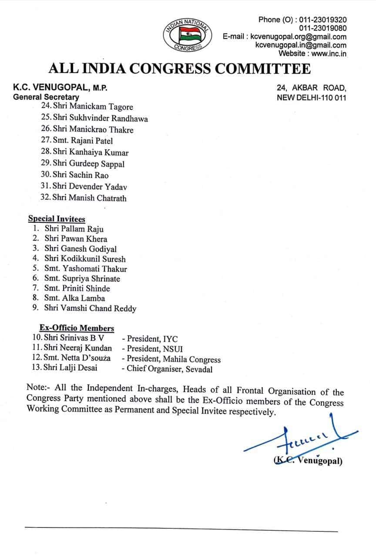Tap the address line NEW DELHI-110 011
[x=312, y=97]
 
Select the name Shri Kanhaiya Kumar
[x=90, y=153]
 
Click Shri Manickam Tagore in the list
[x=92, y=107]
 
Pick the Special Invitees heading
[x=57, y=219]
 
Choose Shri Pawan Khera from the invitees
[x=75, y=239]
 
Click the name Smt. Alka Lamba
[x=74, y=298]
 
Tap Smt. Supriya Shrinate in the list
[x=82, y=279]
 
